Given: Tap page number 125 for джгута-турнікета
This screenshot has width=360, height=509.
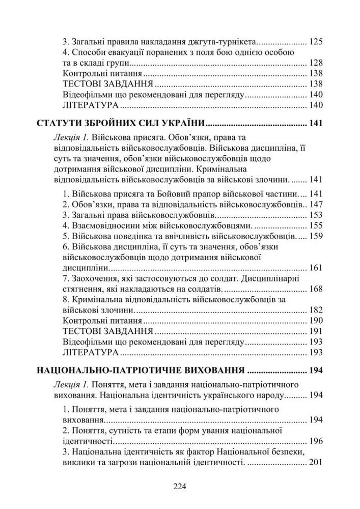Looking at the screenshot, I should pos(316,42).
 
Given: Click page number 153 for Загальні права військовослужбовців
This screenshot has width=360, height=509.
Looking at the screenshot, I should pos(316,215).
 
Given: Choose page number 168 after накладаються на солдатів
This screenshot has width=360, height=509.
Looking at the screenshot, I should pos(316,289).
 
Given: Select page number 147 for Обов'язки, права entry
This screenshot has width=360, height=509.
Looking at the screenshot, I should pos(316,205).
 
